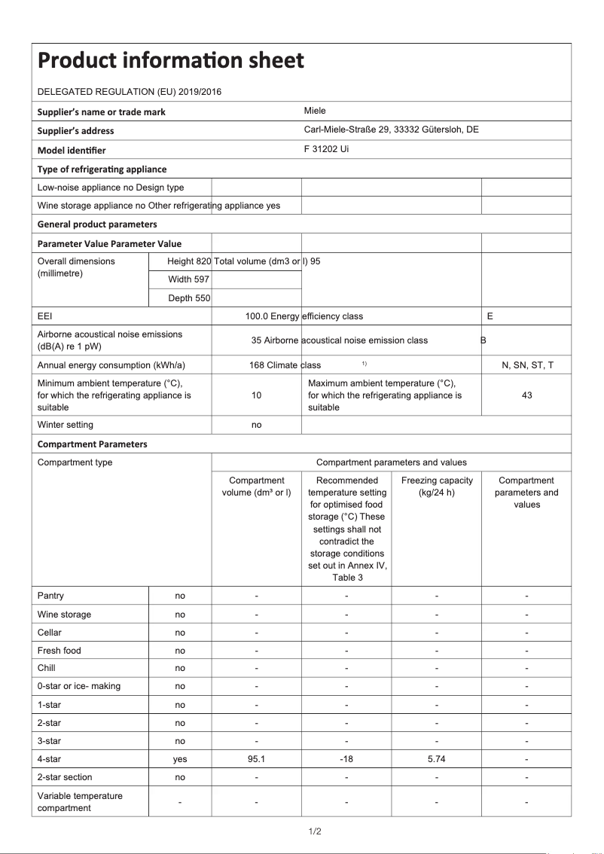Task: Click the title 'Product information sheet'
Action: click(x=171, y=60)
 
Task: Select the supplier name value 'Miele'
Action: click(x=315, y=111)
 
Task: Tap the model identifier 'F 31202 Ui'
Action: click(x=326, y=149)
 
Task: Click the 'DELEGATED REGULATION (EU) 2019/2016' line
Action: click(x=130, y=92)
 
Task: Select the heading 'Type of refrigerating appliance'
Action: click(x=102, y=169)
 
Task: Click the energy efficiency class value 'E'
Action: click(x=490, y=316)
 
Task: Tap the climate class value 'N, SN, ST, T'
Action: click(x=527, y=365)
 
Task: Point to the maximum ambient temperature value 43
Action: click(x=526, y=395)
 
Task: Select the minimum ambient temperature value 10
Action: click(x=256, y=395)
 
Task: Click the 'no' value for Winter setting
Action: click(x=256, y=425)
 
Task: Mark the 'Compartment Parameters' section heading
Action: click(x=93, y=444)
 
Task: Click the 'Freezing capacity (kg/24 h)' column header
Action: click(x=437, y=486)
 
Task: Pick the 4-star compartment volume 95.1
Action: click(x=256, y=759)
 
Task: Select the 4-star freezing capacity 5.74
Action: click(x=437, y=759)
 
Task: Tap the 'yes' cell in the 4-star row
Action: click(x=180, y=759)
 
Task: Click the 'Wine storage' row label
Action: click(x=64, y=615)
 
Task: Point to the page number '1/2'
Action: click(x=315, y=831)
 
